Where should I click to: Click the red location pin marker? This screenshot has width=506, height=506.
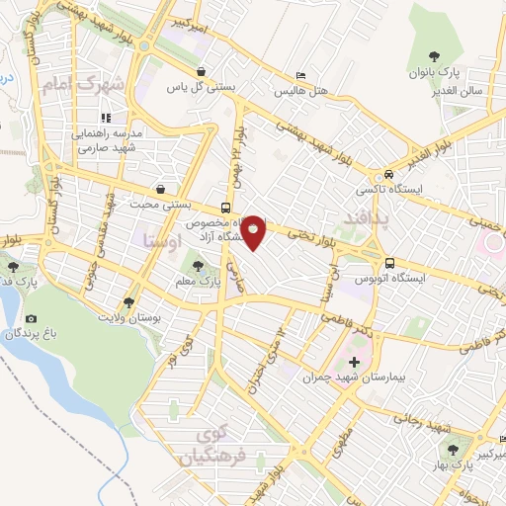click(x=254, y=231)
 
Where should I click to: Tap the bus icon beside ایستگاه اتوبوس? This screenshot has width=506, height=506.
click(x=391, y=264)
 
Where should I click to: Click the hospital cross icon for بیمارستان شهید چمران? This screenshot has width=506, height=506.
click(x=355, y=362)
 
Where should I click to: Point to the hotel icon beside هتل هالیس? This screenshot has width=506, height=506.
click(x=301, y=76)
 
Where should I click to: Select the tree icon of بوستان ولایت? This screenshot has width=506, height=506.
click(x=127, y=301)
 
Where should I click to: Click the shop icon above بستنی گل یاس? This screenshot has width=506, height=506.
click(x=202, y=72)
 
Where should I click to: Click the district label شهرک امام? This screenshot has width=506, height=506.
click(x=82, y=85)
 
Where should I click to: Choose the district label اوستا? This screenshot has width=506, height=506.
click(x=162, y=238)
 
